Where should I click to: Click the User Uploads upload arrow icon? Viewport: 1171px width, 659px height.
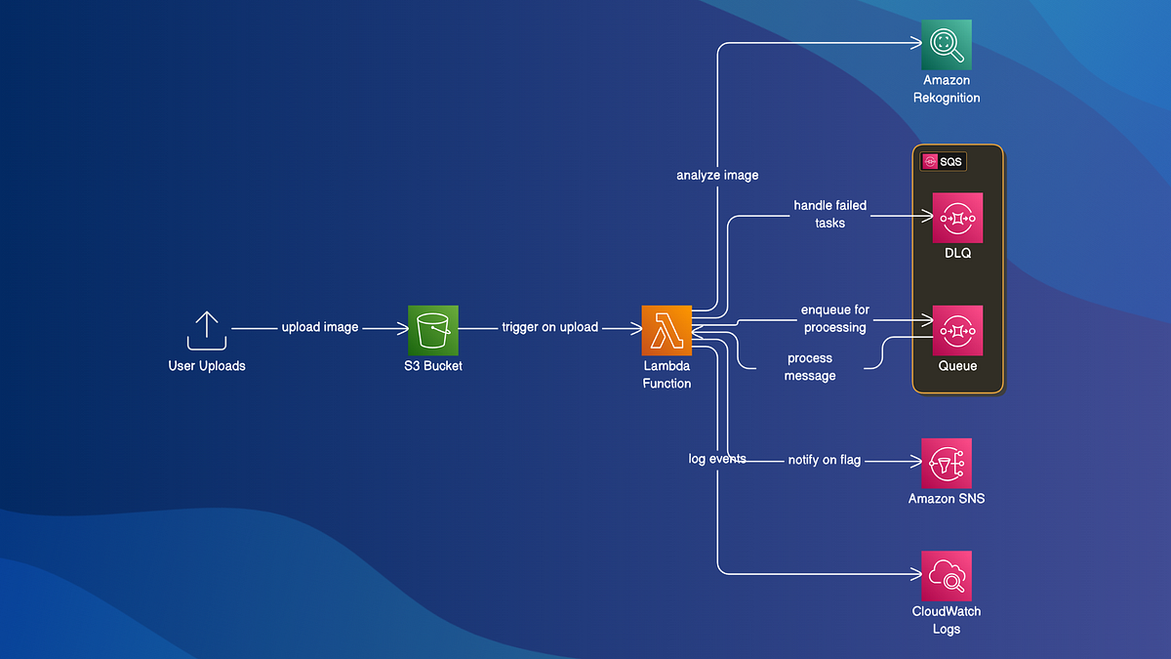point(207,331)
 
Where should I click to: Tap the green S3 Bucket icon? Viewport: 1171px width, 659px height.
point(432,330)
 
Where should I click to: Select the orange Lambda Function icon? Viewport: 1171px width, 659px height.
point(666,330)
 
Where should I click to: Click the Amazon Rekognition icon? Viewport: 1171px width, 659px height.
point(947,44)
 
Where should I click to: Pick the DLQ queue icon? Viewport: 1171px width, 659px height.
point(957,217)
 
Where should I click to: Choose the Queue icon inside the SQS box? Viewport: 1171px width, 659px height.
point(957,330)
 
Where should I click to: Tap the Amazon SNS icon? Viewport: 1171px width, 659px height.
point(947,463)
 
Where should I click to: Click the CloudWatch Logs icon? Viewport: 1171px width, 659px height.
point(947,576)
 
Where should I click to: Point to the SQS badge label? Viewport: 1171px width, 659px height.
point(943,162)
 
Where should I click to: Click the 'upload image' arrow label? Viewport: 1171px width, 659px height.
point(320,327)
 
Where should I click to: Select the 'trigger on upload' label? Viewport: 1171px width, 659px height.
point(550,327)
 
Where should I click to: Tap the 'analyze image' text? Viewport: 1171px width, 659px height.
point(717,176)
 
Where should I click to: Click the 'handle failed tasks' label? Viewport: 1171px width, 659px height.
point(829,214)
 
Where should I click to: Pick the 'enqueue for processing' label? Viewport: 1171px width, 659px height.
point(835,318)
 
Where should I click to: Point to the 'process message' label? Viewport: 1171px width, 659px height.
point(810,367)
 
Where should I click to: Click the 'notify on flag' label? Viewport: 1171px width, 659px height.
point(825,460)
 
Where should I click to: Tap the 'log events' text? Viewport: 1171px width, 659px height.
point(717,458)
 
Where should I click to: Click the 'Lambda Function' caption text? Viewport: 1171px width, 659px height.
point(666,375)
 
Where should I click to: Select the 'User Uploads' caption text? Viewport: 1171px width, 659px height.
point(207,366)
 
